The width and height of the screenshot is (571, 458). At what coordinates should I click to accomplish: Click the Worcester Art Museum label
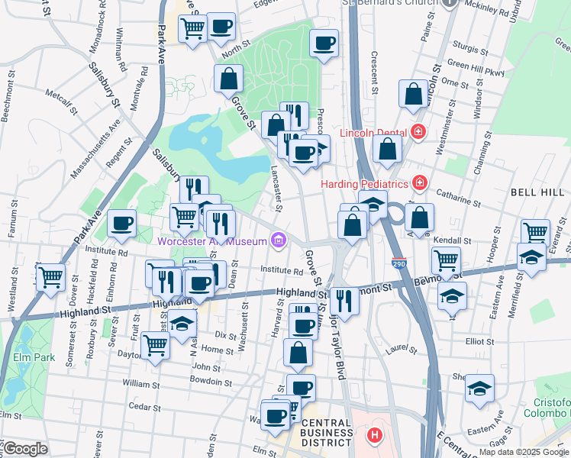211,242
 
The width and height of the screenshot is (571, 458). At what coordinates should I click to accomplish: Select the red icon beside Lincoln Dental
417,132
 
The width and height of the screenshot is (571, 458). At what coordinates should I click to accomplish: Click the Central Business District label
326,433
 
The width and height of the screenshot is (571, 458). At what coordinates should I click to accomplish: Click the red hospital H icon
374,436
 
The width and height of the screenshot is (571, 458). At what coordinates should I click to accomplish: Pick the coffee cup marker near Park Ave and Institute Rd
122,224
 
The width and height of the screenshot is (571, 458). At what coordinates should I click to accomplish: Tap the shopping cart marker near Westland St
51,276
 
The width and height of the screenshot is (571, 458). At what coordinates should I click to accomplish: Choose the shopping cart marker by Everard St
535,231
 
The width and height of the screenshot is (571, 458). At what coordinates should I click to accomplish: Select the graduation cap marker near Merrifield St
531,258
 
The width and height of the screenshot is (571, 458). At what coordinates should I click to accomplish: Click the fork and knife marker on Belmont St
346,300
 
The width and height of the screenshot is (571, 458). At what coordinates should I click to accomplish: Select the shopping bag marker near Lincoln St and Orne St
413,95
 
